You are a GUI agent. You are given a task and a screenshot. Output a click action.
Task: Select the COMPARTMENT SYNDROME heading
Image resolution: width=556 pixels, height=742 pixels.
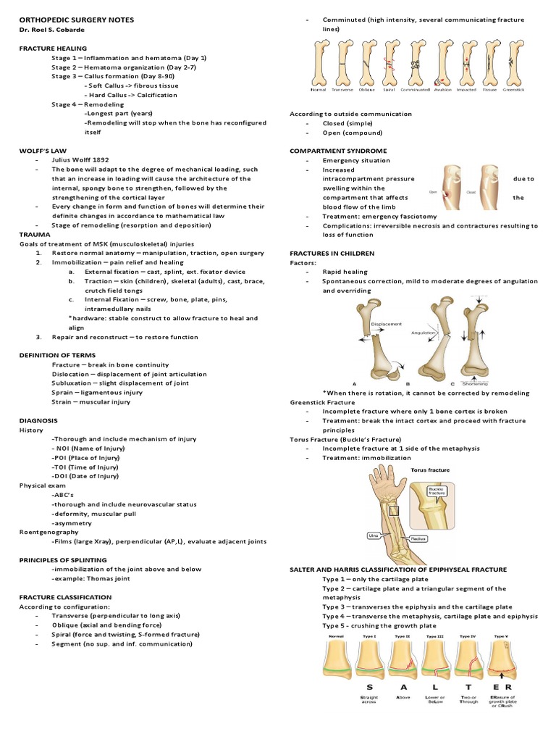tap(338, 150)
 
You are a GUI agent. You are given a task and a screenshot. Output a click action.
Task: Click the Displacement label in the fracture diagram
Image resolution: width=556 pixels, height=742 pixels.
tap(385, 324)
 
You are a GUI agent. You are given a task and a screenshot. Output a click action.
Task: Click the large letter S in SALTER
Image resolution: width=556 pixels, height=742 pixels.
tap(370, 686)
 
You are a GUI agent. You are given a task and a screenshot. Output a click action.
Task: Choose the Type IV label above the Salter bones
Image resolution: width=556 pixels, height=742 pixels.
tap(466, 636)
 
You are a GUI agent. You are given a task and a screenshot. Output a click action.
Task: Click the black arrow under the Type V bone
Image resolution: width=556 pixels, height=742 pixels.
tap(502, 679)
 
